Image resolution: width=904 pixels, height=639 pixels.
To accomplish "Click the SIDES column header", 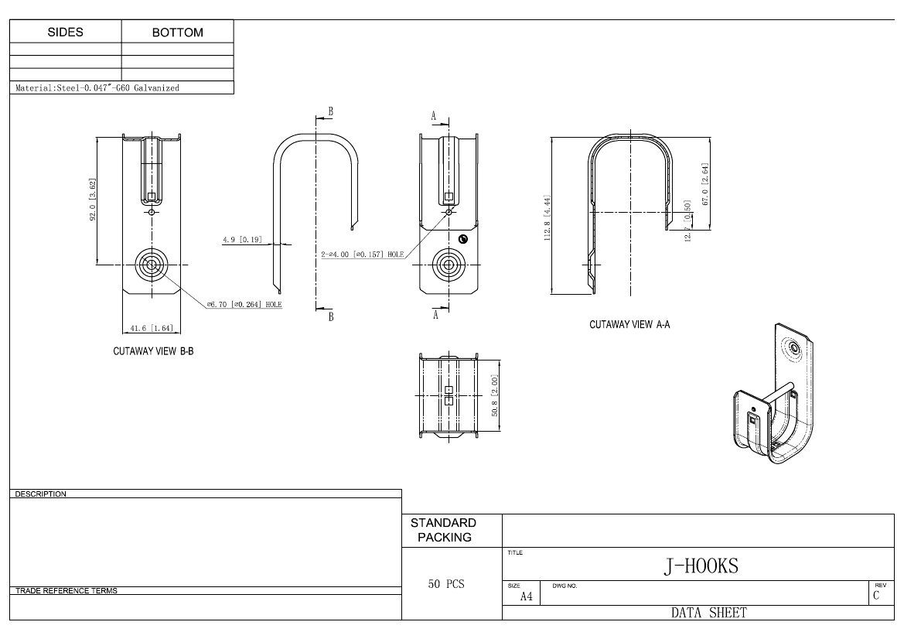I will click(66, 32).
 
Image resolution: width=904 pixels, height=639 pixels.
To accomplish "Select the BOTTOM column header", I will click(177, 32).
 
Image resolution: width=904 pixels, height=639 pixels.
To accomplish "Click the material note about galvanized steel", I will click(98, 88).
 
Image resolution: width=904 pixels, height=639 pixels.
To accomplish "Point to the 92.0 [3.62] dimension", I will click(94, 201).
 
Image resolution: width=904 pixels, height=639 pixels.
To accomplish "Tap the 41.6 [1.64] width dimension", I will click(152, 328).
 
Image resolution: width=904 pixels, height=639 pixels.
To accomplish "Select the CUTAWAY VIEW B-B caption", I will click(153, 351).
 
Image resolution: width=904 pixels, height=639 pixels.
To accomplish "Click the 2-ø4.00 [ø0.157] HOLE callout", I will click(363, 254).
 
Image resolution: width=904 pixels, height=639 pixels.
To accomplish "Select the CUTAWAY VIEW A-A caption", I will click(629, 325).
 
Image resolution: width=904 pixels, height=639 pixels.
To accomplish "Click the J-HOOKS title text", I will click(701, 566).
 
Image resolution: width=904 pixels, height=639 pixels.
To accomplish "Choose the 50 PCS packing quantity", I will click(446, 584).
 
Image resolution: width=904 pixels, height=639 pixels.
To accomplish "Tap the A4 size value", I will click(526, 596).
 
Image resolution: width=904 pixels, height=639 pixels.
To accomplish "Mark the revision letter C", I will click(876, 596).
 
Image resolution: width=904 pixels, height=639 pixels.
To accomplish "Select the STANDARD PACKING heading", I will click(444, 530).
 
